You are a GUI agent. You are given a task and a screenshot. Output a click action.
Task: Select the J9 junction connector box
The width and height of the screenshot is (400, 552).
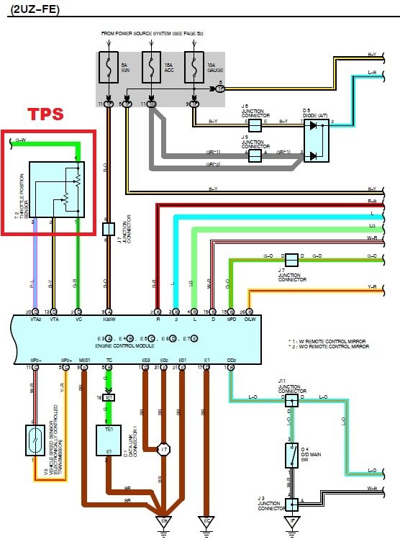(254, 154)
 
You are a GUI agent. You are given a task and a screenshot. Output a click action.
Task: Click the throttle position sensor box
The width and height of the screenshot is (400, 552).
(56, 189)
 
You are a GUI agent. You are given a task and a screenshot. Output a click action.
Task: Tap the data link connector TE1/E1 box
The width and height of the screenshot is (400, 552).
(108, 440)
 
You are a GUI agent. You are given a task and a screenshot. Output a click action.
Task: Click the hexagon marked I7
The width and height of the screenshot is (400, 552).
(164, 450)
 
